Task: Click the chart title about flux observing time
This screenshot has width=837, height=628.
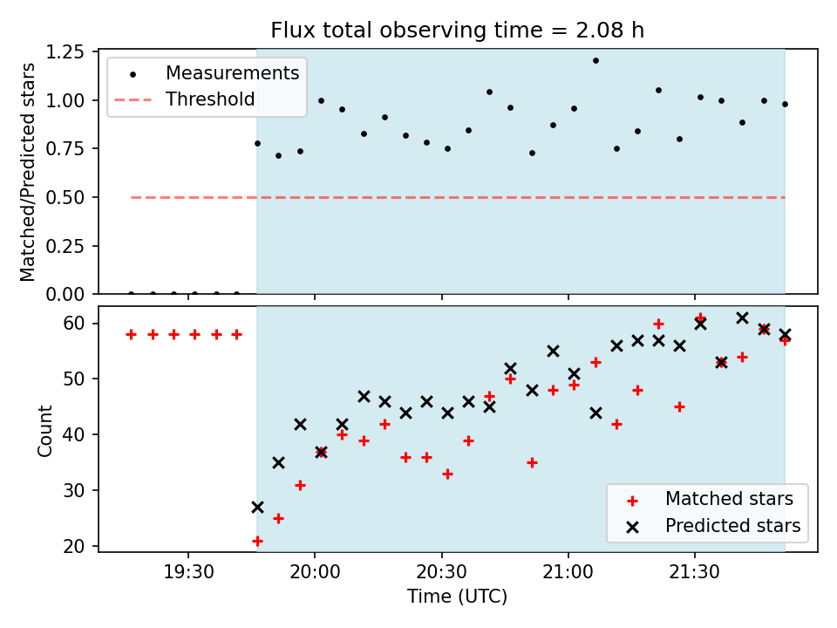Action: point(458,30)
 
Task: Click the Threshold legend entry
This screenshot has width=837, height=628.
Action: point(185,99)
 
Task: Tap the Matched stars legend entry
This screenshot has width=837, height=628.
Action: point(710,499)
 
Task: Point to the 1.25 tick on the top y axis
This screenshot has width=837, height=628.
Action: point(65,51)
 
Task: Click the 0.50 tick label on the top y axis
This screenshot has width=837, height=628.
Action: point(65,198)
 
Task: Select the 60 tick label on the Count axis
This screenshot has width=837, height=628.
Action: point(74,324)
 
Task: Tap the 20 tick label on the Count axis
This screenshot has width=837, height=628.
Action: point(74,546)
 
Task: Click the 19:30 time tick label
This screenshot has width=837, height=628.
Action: point(188,572)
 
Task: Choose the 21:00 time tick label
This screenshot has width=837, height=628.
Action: point(568,572)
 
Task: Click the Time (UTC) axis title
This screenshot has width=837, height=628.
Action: point(458,596)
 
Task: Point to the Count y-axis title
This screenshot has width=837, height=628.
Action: point(44,430)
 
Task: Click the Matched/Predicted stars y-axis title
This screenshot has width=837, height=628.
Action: point(27,172)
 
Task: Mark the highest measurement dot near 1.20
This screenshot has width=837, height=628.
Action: point(595,61)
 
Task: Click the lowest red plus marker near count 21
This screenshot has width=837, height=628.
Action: point(257,542)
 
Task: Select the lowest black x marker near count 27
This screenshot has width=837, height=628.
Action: point(257,508)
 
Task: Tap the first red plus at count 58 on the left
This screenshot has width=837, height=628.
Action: point(132,335)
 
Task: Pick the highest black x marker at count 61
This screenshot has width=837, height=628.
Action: point(742,318)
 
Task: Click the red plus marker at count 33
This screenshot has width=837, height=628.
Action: point(447,474)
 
